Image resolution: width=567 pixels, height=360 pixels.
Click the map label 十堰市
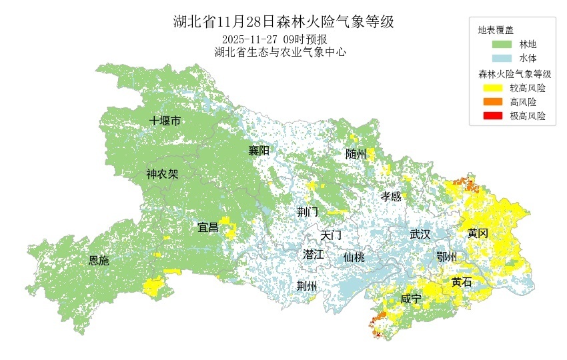[x=165, y=121]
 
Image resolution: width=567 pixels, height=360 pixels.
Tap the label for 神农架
[x=163, y=175]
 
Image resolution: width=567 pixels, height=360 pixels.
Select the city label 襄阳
[x=259, y=151]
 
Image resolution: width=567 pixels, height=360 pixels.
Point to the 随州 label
[x=356, y=154]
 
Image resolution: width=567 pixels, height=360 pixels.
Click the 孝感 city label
[x=391, y=197]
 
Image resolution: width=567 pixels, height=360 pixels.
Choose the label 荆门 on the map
[x=308, y=212]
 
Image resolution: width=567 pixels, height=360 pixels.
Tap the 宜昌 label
[x=208, y=227]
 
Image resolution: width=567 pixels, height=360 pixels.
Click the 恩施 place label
[x=99, y=261]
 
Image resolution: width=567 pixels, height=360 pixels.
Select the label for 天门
[x=331, y=235]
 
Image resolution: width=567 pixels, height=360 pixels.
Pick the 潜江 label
[x=313, y=255]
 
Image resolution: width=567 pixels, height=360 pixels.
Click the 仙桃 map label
[x=354, y=257]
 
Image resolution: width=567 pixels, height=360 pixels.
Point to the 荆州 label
[x=308, y=286]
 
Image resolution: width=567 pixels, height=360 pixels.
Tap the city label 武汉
[x=420, y=235]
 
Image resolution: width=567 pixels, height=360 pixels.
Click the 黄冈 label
[x=478, y=233]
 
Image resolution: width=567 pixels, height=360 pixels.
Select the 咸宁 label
[x=411, y=299]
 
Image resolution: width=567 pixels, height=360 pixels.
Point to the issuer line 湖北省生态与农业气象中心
[x=280, y=52]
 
